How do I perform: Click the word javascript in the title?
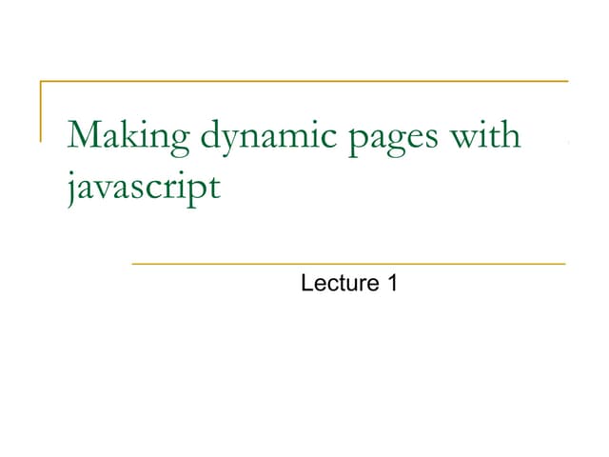point(143,185)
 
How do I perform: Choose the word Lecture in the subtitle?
point(335,283)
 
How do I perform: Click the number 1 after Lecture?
point(391,283)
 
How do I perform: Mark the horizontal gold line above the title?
point(304,82)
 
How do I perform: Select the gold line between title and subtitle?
point(348,263)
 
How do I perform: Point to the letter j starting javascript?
point(72,185)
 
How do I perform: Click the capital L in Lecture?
point(306,283)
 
